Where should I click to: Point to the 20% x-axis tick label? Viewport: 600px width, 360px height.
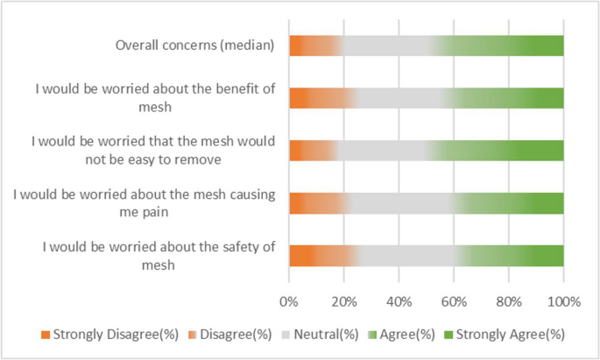point(343,302)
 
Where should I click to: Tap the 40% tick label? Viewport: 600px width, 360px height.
point(399,302)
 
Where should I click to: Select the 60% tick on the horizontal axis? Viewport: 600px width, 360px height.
point(454,302)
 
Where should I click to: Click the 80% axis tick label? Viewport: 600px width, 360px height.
point(508,302)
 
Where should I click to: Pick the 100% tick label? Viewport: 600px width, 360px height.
point(563,302)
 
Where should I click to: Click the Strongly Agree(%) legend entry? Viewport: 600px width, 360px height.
point(500,335)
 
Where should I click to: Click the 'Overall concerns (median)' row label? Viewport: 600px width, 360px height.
point(195,46)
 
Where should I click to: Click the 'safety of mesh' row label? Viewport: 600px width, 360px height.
point(159,256)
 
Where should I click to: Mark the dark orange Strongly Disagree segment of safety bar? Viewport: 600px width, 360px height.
point(300,255)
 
